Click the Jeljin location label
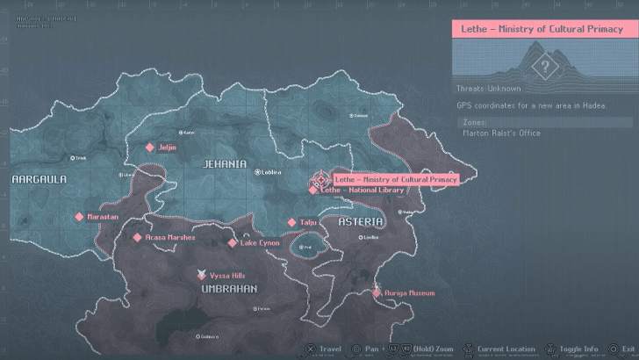coord(167,148)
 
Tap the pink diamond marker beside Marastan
coord(79,217)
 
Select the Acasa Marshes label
coord(170,237)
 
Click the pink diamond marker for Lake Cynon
coord(233,243)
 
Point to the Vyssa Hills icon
coord(201,275)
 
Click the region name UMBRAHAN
coord(228,289)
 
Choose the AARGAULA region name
coord(38,178)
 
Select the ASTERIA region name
coord(361,221)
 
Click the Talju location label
coord(307,223)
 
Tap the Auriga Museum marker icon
coord(377,292)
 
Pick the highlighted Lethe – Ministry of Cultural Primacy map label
coord(396,179)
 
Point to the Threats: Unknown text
coord(488,89)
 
